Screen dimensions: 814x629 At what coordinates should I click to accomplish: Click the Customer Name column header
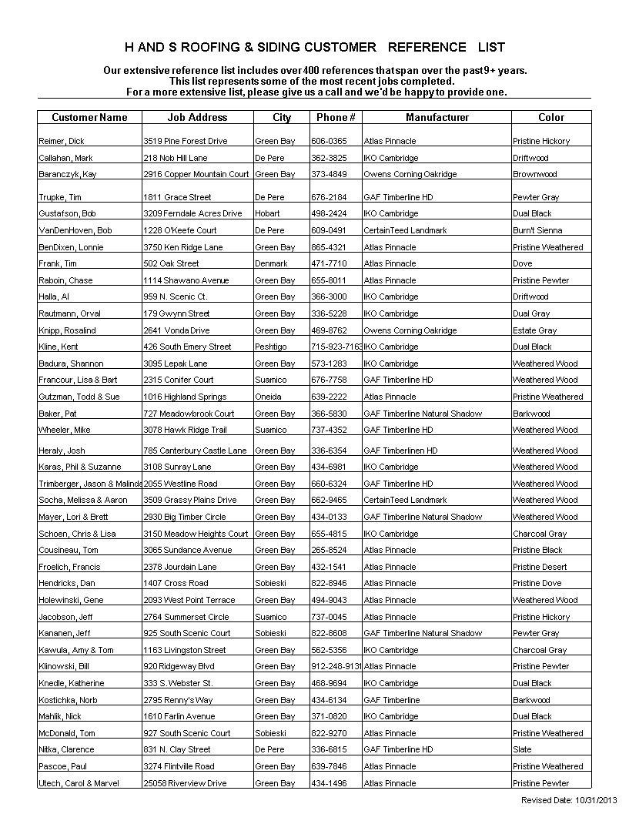click(x=89, y=118)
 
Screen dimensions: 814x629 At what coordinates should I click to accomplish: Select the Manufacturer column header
click(x=437, y=118)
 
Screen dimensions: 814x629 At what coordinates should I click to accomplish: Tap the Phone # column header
click(x=336, y=118)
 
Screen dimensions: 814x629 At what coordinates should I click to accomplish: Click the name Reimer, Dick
click(x=62, y=142)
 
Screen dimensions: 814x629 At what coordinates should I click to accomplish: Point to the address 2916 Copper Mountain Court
click(x=196, y=175)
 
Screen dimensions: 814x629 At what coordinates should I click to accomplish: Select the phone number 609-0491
click(x=329, y=231)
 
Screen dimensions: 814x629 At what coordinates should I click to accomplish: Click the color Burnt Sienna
click(x=537, y=231)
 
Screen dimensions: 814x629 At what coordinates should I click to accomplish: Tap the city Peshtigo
click(x=271, y=347)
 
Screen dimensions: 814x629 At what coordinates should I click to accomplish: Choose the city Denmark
click(x=271, y=264)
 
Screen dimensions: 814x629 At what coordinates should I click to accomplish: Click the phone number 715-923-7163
click(x=336, y=347)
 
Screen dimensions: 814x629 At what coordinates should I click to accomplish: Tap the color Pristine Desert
click(x=540, y=568)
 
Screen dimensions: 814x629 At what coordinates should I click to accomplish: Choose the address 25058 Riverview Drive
click(x=185, y=784)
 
